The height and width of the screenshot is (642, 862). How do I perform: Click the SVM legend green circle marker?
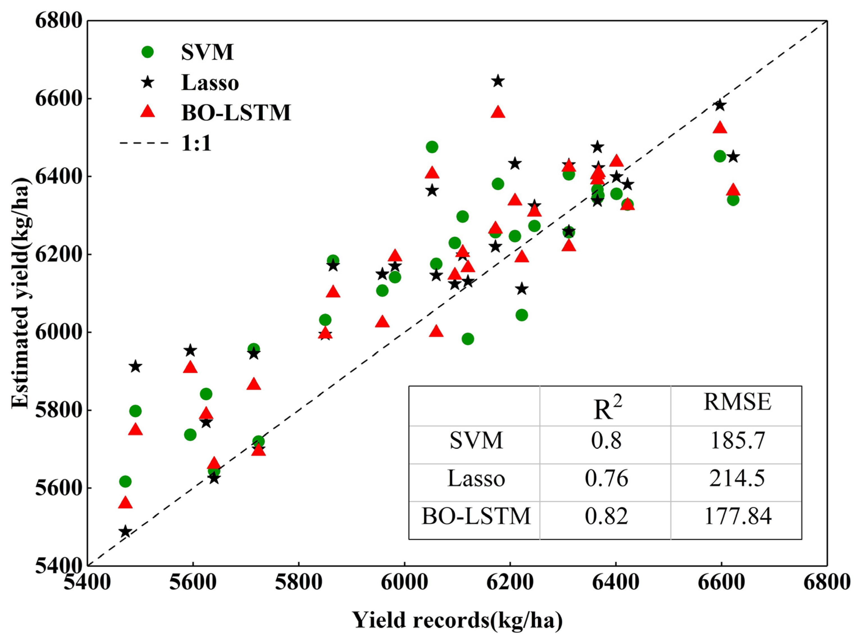coord(148,52)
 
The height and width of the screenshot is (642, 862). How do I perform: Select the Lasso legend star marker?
coord(148,82)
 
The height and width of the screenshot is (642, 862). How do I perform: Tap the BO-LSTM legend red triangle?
coord(148,112)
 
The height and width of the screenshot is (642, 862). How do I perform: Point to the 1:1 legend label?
coord(196,143)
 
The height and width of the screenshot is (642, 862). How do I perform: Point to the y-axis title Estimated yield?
coord(20,293)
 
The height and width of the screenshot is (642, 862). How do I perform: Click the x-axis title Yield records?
coord(458,620)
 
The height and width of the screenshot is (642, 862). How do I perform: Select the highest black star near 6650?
coord(498,81)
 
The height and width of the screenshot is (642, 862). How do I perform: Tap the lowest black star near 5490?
coord(125,531)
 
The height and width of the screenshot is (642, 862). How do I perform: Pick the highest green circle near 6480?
coord(432,147)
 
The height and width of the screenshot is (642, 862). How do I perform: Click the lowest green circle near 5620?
coord(125,481)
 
